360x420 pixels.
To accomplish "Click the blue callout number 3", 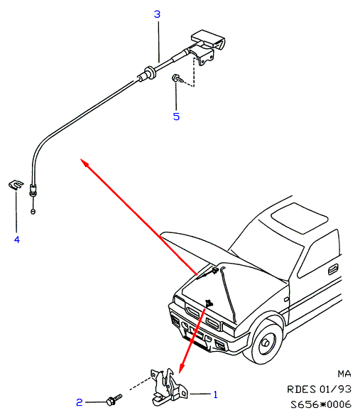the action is [x=157, y=14].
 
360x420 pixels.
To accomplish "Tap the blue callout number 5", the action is [x=176, y=117].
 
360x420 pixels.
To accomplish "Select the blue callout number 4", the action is [x=17, y=239].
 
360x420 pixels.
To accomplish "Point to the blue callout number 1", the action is [x=215, y=394].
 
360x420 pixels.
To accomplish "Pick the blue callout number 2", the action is [x=80, y=402].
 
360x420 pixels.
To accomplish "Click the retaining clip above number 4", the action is [x=16, y=185].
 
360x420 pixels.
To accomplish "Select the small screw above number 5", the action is [x=178, y=78].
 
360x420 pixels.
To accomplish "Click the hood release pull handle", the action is [x=208, y=40].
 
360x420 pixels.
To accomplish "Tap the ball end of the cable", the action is [x=33, y=211].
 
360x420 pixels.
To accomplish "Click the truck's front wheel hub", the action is [x=266, y=343].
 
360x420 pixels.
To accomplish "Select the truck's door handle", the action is [x=333, y=269].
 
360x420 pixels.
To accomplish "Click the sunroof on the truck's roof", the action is [x=300, y=217].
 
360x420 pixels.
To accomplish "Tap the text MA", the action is [x=344, y=374].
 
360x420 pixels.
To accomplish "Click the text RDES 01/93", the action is [x=319, y=389].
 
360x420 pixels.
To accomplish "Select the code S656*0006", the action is [x=321, y=404].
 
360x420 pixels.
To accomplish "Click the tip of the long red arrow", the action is [x=81, y=159].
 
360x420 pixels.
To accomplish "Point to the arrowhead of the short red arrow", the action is [x=180, y=372].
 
